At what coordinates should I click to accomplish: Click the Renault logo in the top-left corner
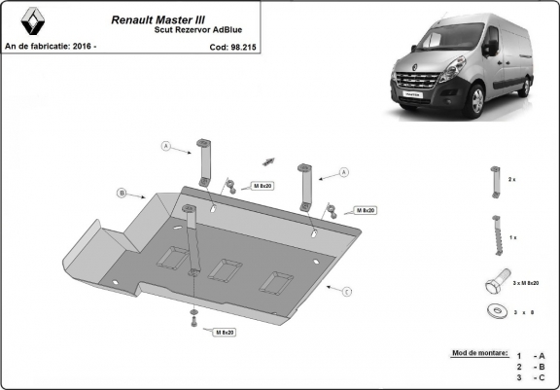coord(18,20)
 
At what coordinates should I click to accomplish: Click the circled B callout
coord(122,193)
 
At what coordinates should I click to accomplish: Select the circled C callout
coord(346,290)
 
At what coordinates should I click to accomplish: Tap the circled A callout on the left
coord(166,147)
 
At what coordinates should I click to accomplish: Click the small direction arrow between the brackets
coord(269,160)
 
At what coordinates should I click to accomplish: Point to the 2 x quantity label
coord(512,180)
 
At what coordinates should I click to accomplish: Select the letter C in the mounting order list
coord(542,377)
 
